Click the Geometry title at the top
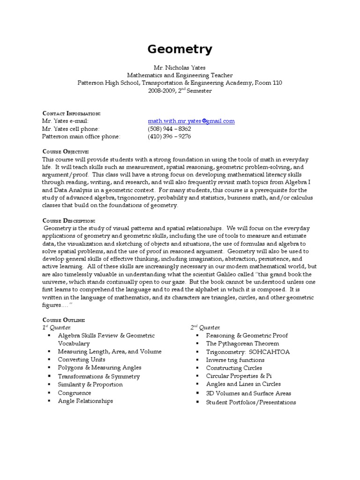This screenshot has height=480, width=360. pyautogui.click(x=180, y=50)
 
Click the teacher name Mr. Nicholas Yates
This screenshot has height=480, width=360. pyautogui.click(x=180, y=67)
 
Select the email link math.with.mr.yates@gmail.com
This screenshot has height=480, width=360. pyautogui.click(x=191, y=121)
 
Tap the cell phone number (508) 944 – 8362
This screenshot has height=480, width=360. pyautogui.click(x=169, y=128)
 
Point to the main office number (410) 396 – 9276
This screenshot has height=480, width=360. pyautogui.click(x=169, y=136)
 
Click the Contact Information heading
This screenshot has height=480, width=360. pyautogui.click(x=71, y=113)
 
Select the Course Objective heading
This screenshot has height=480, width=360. pyautogui.click(x=65, y=152)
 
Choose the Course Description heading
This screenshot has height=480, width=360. pyautogui.click(x=68, y=221)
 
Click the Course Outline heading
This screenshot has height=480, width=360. pyautogui.click(x=63, y=320)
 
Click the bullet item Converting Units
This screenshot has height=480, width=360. pyautogui.click(x=82, y=360)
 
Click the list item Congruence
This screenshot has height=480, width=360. pyautogui.click(x=75, y=393)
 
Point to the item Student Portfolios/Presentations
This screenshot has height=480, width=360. pyautogui.click(x=251, y=402)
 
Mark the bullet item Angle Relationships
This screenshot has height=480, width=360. pyautogui.click(x=85, y=401)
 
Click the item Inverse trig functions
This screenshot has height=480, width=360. pyautogui.click(x=235, y=360)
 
